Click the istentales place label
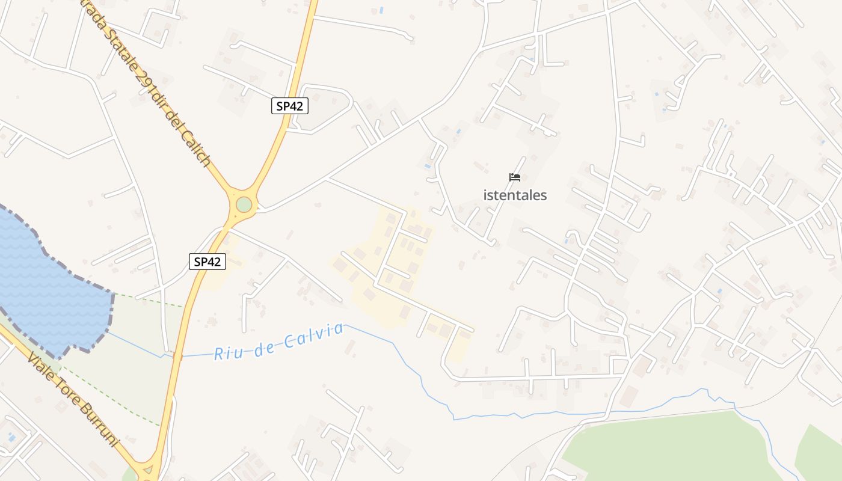click(515, 195)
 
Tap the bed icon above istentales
click(514, 177)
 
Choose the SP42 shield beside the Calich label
click(289, 106)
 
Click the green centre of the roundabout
click(244, 204)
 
